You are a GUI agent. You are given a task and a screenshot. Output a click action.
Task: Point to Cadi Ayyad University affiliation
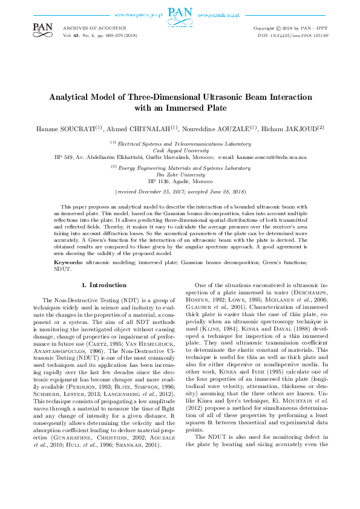(180, 149)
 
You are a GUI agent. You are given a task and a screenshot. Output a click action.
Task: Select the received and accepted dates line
(180, 191)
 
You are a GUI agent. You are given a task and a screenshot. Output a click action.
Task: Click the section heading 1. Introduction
(103, 284)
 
